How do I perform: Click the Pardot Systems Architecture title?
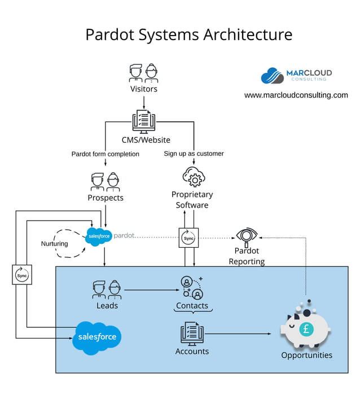pyautogui.click(x=188, y=34)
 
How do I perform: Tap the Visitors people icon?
pyautogui.click(x=143, y=73)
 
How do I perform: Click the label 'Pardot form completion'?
pyautogui.click(x=105, y=154)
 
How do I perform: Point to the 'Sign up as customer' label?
pyautogui.click(x=194, y=153)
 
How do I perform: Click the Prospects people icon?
pyautogui.click(x=106, y=182)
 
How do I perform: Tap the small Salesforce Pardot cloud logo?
pyautogui.click(x=99, y=236)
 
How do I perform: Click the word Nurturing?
pyautogui.click(x=54, y=244)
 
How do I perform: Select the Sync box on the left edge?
pyautogui.click(x=21, y=275)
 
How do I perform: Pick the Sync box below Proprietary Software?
pyautogui.click(x=188, y=238)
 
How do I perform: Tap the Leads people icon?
pyautogui.click(x=107, y=289)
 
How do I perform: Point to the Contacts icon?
pyautogui.click(x=192, y=287)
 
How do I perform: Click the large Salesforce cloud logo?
pyautogui.click(x=98, y=337)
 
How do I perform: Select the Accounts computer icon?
pyautogui.click(x=192, y=333)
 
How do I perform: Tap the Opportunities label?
pyautogui.click(x=306, y=355)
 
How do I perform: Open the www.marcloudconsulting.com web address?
pyautogui.click(x=296, y=95)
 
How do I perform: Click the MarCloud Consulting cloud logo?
pyautogui.click(x=272, y=76)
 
